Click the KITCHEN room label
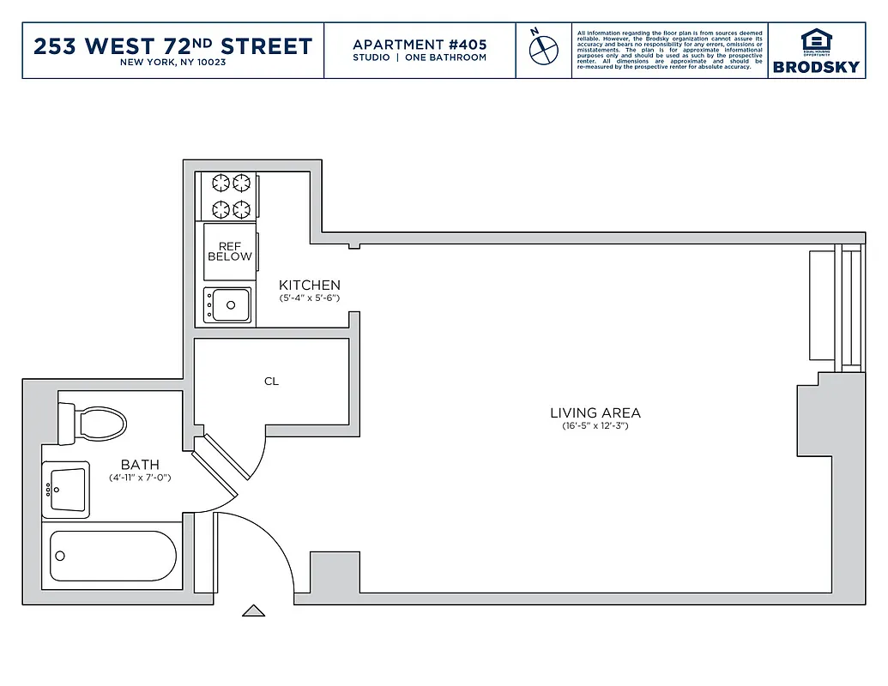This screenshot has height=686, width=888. click(x=310, y=286)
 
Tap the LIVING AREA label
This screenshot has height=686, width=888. click(x=595, y=412)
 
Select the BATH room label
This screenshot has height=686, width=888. click(x=140, y=465)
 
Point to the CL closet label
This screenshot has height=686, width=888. click(x=271, y=382)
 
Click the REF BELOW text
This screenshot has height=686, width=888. click(x=229, y=251)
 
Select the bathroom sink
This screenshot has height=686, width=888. click(x=66, y=491)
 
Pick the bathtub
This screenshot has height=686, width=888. click(x=112, y=557)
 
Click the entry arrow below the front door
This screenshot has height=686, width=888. click(x=253, y=611)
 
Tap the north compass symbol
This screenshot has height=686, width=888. click(x=543, y=49)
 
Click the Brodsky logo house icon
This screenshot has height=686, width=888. click(x=816, y=39)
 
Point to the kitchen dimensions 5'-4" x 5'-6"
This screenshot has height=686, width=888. click(x=310, y=298)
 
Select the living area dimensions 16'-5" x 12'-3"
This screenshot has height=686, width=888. click(x=595, y=425)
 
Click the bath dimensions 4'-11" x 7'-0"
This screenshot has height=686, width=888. click(x=140, y=478)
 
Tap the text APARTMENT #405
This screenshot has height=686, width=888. click(x=420, y=44)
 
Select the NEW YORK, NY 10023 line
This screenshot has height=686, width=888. click(x=172, y=63)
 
